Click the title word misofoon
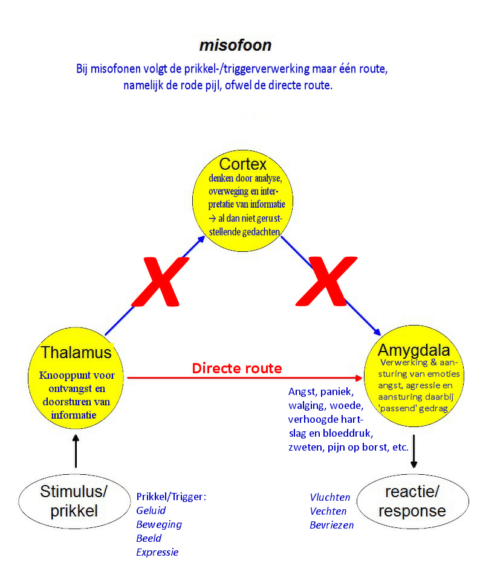(235, 45)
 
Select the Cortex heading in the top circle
(242, 164)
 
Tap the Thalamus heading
(76, 352)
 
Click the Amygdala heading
(414, 350)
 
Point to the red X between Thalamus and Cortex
(160, 281)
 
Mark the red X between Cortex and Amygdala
(327, 281)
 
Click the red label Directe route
(237, 368)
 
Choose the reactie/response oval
(412, 501)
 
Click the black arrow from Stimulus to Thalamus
(76, 450)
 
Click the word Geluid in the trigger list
(151, 510)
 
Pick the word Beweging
(159, 524)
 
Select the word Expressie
(157, 552)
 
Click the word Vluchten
(330, 497)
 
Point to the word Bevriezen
(332, 525)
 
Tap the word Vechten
(329, 511)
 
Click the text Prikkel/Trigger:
(171, 497)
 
